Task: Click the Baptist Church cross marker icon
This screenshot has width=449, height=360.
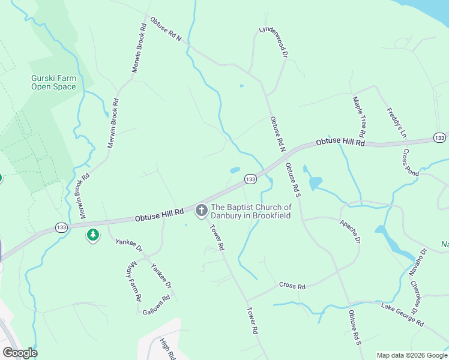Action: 202,210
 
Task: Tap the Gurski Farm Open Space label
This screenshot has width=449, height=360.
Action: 54,82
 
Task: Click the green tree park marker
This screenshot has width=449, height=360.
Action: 92,235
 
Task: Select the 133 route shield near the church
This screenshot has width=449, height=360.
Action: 250,179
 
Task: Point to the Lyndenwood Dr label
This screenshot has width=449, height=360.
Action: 274,40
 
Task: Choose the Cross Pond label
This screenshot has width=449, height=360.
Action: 411,161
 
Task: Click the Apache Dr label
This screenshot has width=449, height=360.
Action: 349,231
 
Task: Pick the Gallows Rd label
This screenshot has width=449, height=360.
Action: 156,305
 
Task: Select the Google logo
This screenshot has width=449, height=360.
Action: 20,353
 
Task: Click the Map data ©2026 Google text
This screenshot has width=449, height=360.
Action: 411,355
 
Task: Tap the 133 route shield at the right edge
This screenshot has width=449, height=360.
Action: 440,138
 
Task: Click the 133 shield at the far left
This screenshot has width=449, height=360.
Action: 61,227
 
